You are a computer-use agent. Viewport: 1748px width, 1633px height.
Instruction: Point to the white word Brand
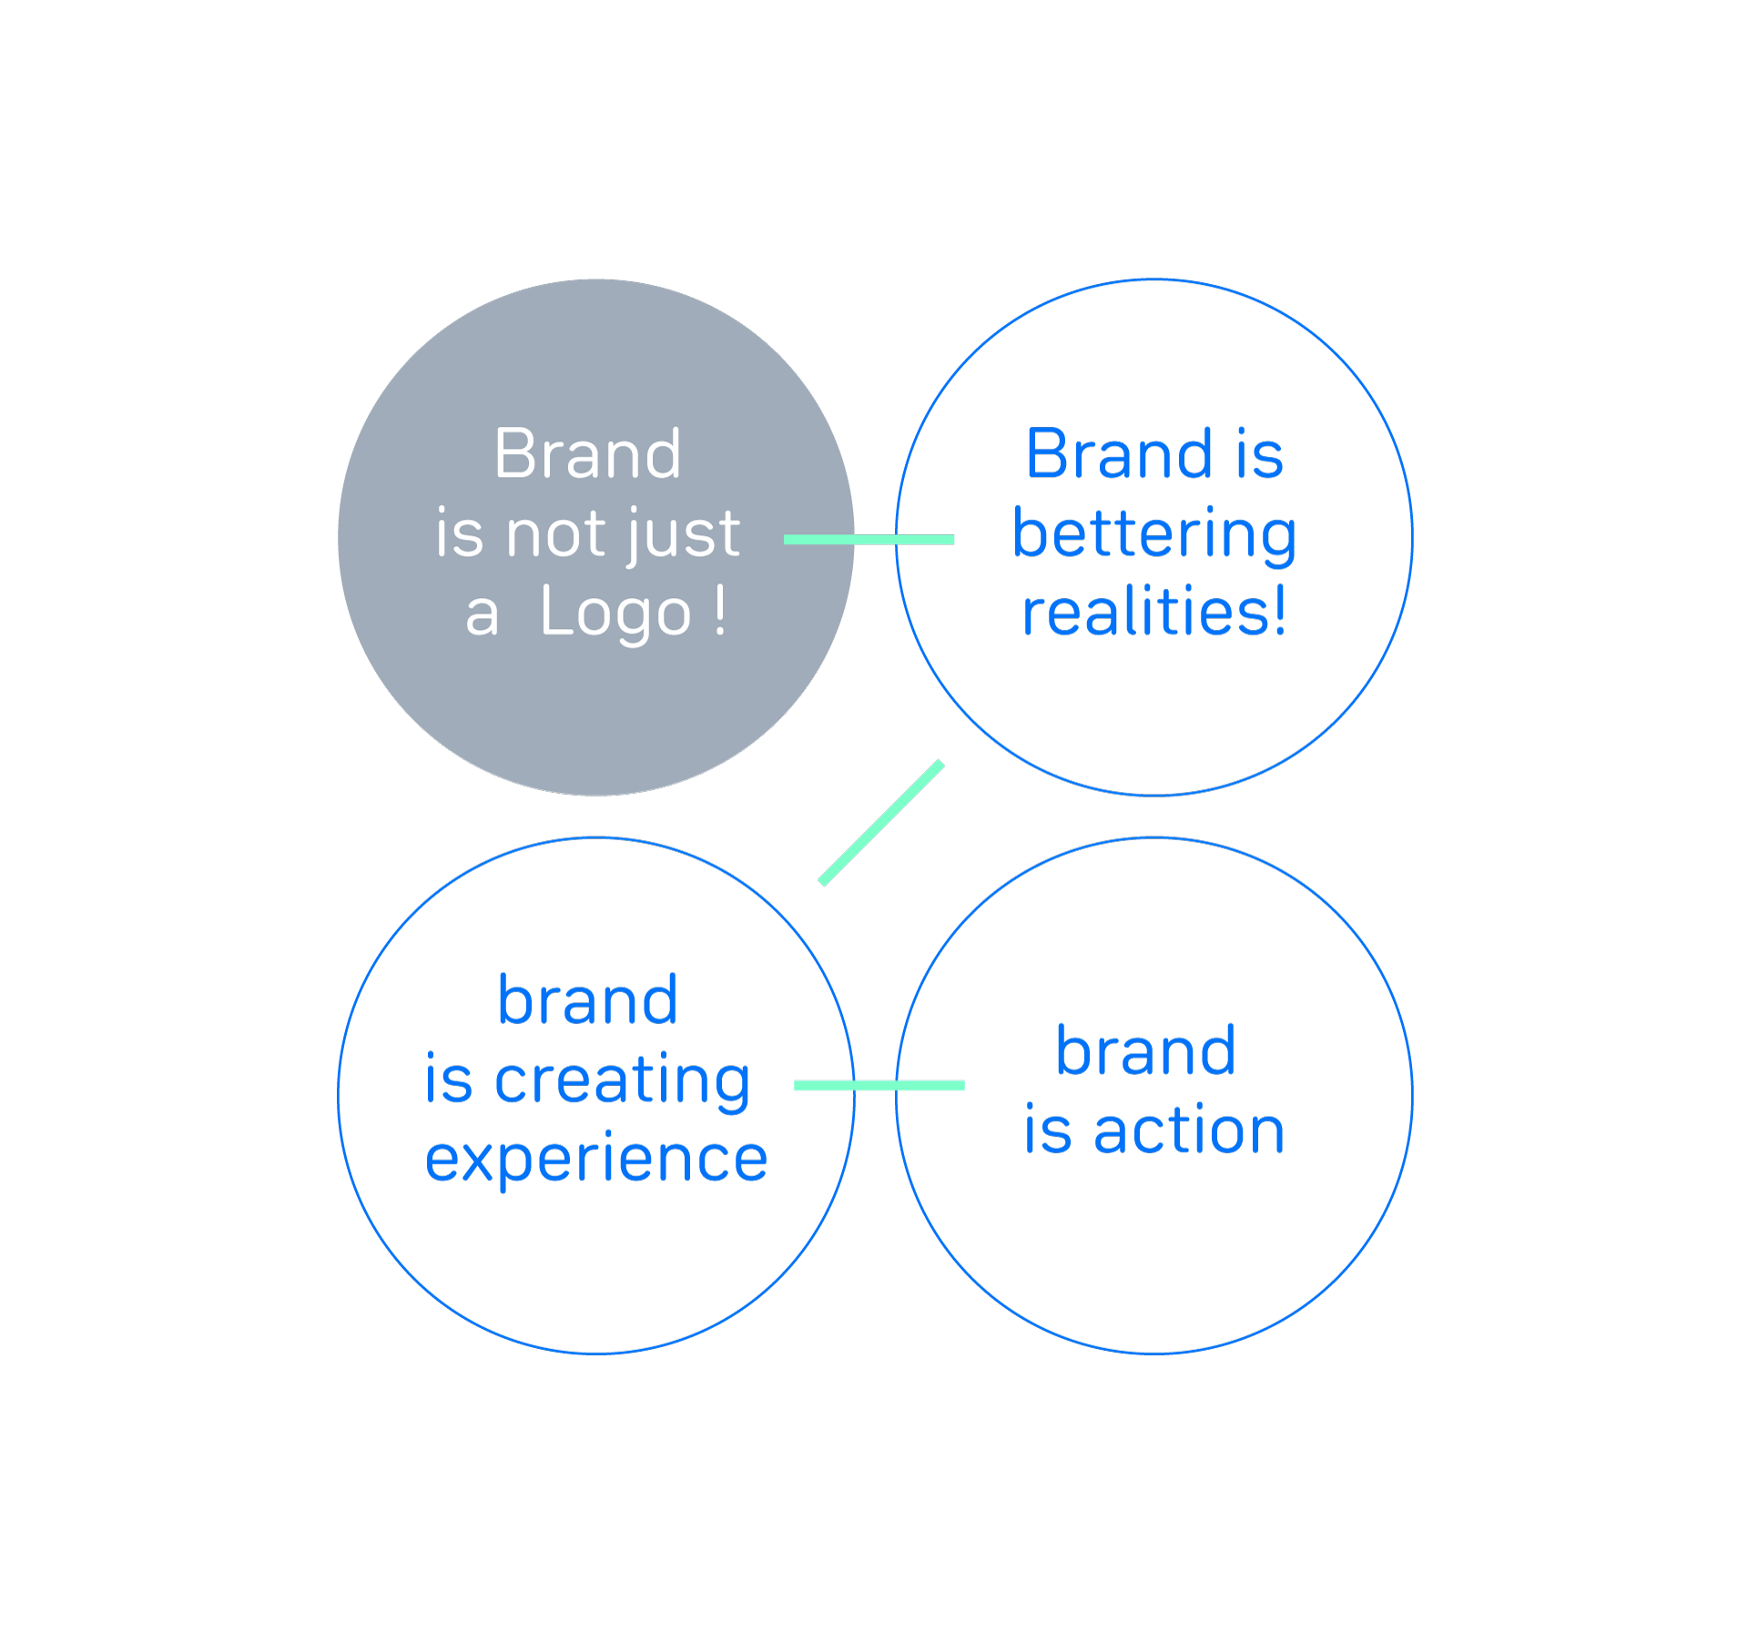(587, 453)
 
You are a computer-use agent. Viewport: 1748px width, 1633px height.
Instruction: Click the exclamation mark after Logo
(720, 609)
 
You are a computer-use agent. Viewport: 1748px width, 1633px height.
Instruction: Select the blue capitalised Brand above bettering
(1119, 453)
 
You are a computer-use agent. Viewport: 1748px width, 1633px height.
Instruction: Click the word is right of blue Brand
(1260, 453)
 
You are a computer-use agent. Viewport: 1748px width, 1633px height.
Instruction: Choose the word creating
(623, 1081)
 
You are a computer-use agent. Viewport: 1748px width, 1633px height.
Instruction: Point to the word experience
(596, 1160)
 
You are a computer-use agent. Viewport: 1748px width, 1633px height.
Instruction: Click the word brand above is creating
(588, 999)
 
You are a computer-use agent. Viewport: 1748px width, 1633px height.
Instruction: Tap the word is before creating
(449, 1079)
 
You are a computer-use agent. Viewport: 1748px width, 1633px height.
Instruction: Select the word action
(1190, 1131)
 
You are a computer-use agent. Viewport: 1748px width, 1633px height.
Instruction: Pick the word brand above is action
(1146, 1050)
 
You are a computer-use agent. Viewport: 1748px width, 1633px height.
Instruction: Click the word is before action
(1048, 1130)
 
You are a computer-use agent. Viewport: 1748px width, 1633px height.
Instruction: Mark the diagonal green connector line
(881, 823)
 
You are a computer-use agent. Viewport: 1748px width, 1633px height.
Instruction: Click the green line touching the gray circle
(869, 540)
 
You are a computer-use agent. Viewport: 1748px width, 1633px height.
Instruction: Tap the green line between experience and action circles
(879, 1085)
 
